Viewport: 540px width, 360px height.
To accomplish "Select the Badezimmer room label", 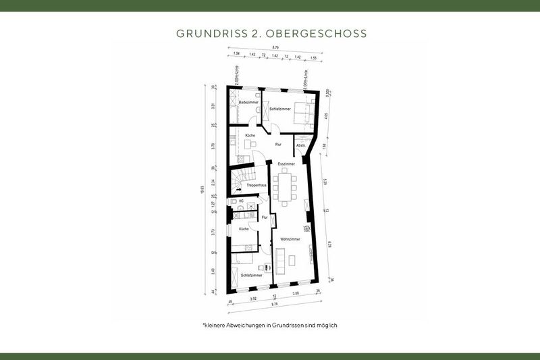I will (248, 102).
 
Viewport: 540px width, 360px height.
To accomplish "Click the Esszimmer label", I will (287, 163).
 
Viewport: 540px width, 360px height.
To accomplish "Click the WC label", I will (241, 201).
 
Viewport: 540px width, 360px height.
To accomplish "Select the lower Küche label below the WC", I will (244, 229).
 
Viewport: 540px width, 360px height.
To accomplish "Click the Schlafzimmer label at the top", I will (280, 109).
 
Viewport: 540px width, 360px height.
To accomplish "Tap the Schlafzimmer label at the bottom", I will (251, 275).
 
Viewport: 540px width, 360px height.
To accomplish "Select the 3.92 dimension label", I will (253, 297).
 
